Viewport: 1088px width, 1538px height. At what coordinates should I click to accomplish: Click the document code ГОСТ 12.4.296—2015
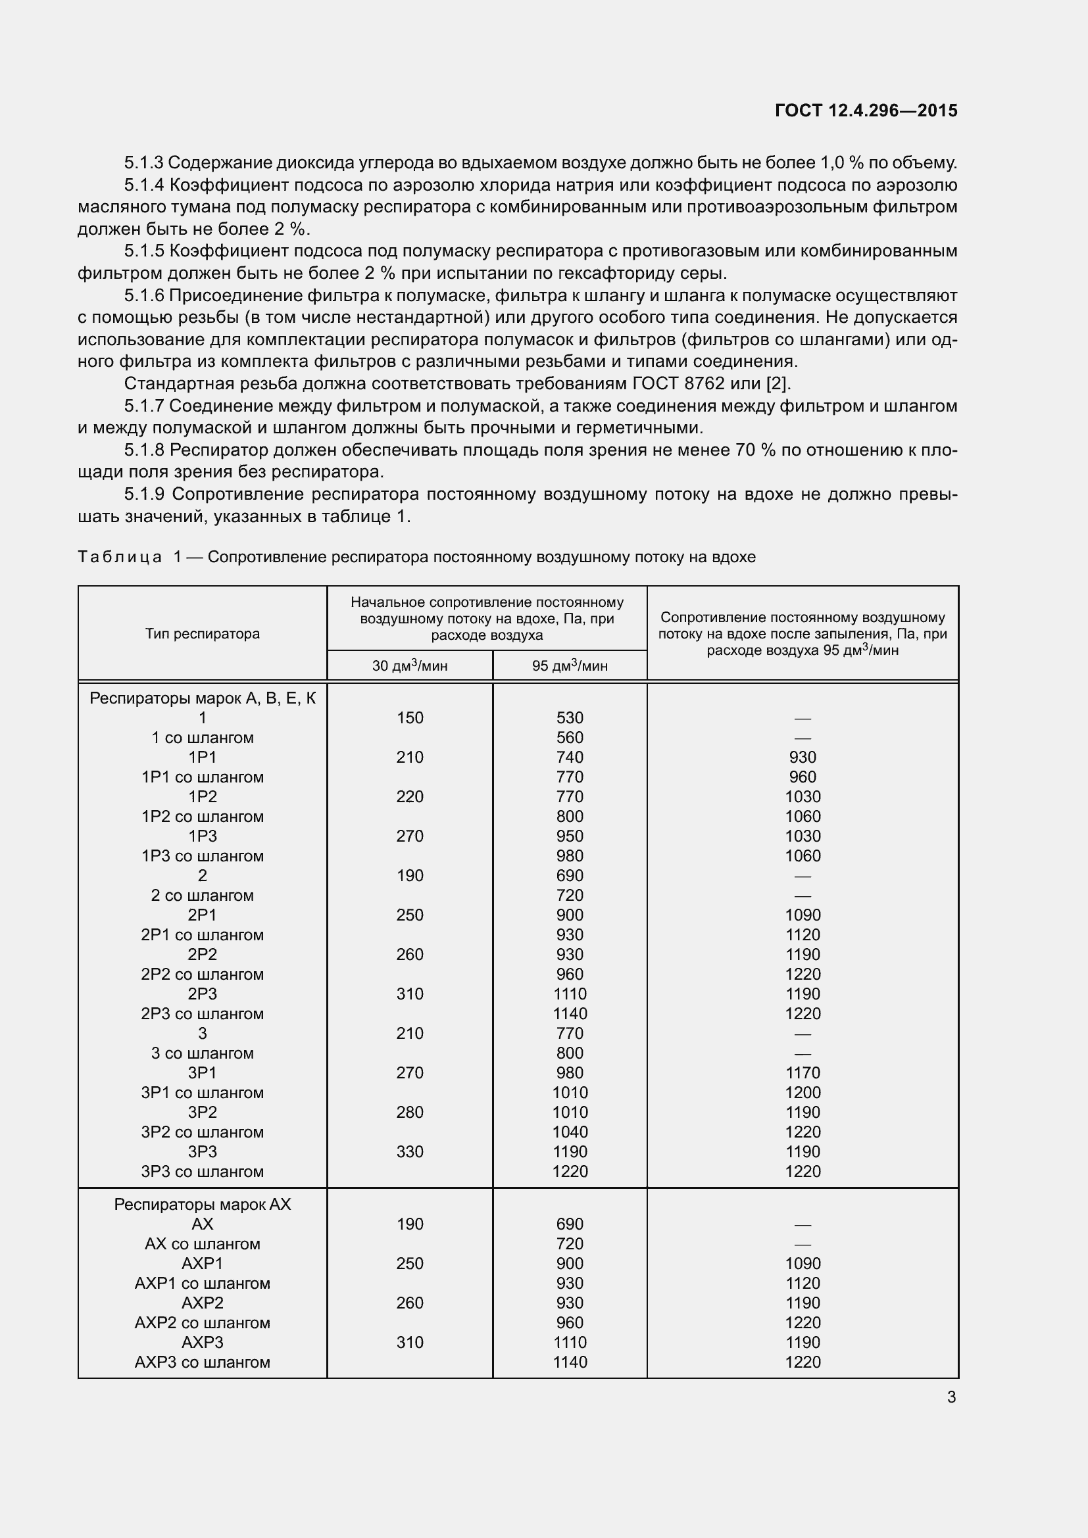click(x=866, y=110)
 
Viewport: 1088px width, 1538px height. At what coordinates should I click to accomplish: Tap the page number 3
click(x=951, y=1397)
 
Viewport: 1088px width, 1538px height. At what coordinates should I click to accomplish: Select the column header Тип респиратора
click(x=203, y=634)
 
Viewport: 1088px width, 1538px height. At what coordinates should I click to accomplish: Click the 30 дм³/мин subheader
click(x=410, y=666)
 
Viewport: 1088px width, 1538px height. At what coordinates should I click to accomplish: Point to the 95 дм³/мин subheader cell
click(x=570, y=666)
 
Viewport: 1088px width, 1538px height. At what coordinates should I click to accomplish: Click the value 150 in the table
click(x=410, y=718)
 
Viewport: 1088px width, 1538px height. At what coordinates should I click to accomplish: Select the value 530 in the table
click(x=570, y=718)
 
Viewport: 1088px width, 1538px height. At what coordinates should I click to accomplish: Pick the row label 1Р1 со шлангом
click(x=203, y=777)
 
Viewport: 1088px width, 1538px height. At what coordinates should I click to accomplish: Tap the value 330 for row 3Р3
click(x=410, y=1151)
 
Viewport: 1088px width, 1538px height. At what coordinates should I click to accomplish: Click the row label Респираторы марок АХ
click(x=203, y=1205)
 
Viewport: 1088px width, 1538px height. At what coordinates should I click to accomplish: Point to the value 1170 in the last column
click(x=803, y=1072)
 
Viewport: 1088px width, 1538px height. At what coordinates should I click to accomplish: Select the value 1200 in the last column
click(x=803, y=1093)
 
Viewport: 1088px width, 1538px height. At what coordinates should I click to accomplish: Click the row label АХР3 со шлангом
click(x=203, y=1362)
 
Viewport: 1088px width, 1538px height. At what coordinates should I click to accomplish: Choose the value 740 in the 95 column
click(x=570, y=757)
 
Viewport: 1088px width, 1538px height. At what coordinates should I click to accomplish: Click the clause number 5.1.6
click(x=144, y=295)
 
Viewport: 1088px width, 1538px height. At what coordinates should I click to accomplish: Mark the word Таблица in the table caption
click(x=120, y=557)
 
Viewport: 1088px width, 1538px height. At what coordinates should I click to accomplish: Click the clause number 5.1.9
click(x=144, y=494)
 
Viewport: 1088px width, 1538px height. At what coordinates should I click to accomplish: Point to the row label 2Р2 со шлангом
click(x=203, y=974)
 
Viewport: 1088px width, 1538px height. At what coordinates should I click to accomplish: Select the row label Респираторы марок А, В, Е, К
click(x=203, y=699)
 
